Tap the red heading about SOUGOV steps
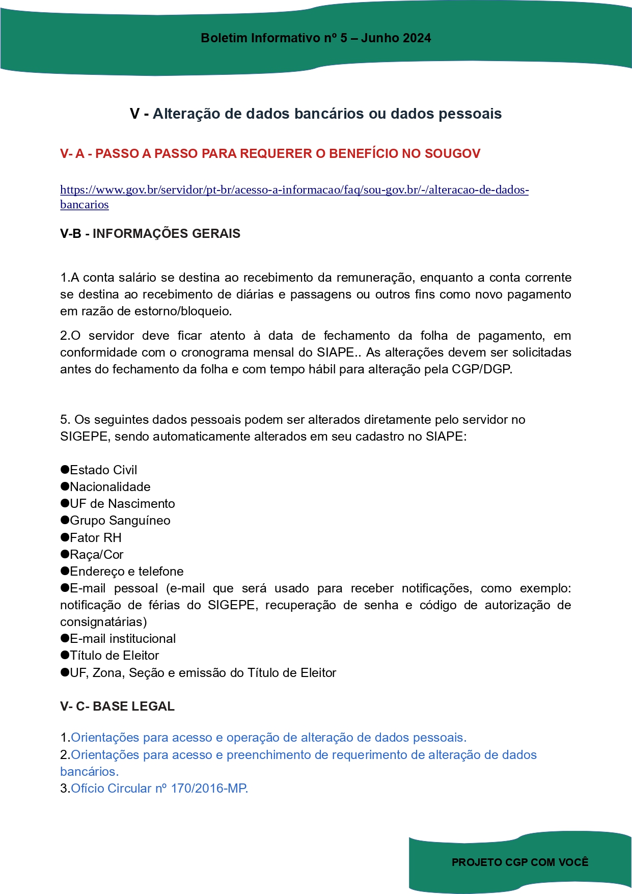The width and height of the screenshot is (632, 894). tap(270, 153)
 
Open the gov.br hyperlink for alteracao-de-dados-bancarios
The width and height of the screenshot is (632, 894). tap(294, 190)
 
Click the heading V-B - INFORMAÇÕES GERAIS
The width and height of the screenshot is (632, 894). tap(150, 233)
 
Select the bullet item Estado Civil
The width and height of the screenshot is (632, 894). tap(103, 470)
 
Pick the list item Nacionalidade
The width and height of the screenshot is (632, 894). tap(110, 486)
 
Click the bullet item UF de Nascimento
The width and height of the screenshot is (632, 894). tap(122, 503)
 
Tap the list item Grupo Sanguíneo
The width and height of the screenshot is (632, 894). tap(120, 520)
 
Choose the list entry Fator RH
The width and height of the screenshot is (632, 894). tap(96, 537)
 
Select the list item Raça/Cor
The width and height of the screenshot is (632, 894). tap(97, 554)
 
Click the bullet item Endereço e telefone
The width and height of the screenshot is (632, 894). tap(127, 571)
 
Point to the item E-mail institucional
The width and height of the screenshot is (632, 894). tap(123, 638)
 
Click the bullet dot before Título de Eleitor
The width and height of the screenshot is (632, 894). tap(65, 655)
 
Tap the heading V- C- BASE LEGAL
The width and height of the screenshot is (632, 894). tap(117, 706)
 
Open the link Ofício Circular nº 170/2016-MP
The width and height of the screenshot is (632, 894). tap(159, 788)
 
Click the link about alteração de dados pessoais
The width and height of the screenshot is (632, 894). tap(268, 737)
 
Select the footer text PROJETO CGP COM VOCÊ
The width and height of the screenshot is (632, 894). tap(520, 862)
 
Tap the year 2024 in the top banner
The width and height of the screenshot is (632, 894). tap(417, 38)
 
